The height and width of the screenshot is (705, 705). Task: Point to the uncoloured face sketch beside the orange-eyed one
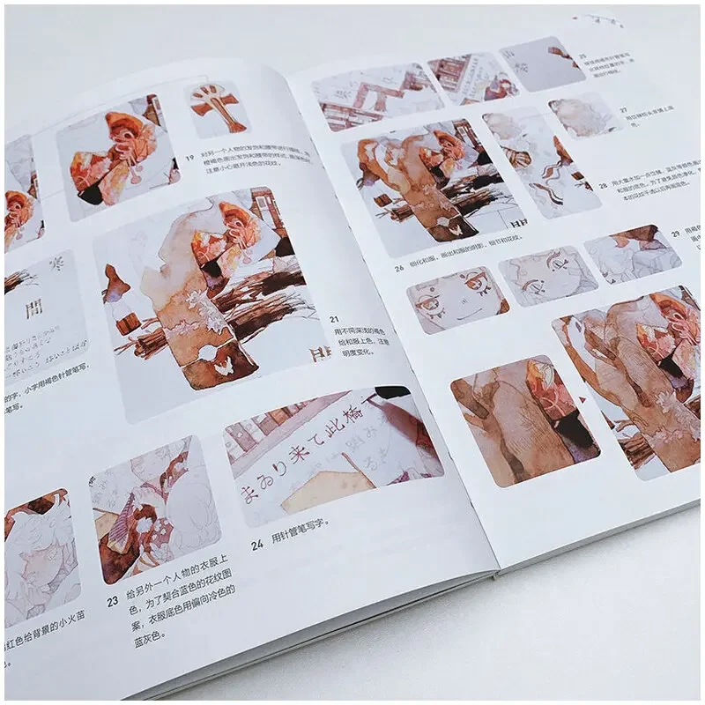coord(545,275)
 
